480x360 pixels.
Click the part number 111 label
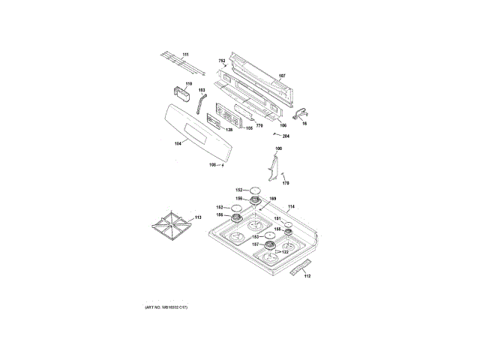[x=185, y=55]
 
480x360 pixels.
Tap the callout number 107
[x=282, y=76]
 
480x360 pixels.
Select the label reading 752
[x=222, y=60]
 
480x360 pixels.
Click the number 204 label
[x=286, y=136]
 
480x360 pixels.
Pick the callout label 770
[x=259, y=125]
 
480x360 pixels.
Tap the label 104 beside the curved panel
[x=178, y=142]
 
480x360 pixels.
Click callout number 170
[x=285, y=183]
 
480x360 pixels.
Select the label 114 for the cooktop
[x=292, y=206]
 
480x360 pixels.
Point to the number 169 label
[x=273, y=198]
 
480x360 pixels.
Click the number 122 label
[x=284, y=252]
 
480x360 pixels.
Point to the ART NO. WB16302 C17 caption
[x=166, y=308]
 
